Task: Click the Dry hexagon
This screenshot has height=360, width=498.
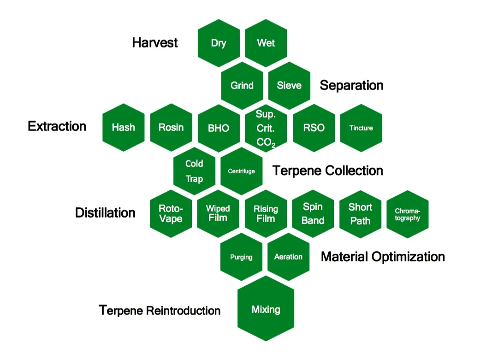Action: (219, 43)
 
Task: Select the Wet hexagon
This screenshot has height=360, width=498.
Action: (266, 43)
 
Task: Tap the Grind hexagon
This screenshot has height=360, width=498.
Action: (242, 86)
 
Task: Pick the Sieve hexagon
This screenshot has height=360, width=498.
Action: (289, 86)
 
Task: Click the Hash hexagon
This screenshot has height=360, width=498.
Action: (124, 128)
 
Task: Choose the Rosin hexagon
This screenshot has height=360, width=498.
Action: (171, 128)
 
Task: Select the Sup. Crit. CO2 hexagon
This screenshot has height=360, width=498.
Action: (266, 128)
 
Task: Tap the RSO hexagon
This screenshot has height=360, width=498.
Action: (314, 128)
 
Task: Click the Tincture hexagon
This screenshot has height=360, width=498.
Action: (361, 128)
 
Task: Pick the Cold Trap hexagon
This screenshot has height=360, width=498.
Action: (194, 171)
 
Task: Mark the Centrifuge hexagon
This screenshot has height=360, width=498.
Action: (242, 171)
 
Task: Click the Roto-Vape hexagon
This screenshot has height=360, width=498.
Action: (171, 213)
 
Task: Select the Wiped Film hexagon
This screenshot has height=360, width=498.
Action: (218, 213)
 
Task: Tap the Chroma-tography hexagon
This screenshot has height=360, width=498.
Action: (408, 214)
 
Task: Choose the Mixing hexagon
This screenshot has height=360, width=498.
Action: (266, 309)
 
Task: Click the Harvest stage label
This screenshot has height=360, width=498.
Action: (155, 43)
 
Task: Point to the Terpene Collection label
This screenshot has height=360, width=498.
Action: (328, 171)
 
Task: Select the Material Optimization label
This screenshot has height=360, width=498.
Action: (383, 257)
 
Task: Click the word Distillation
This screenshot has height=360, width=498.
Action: (105, 213)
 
